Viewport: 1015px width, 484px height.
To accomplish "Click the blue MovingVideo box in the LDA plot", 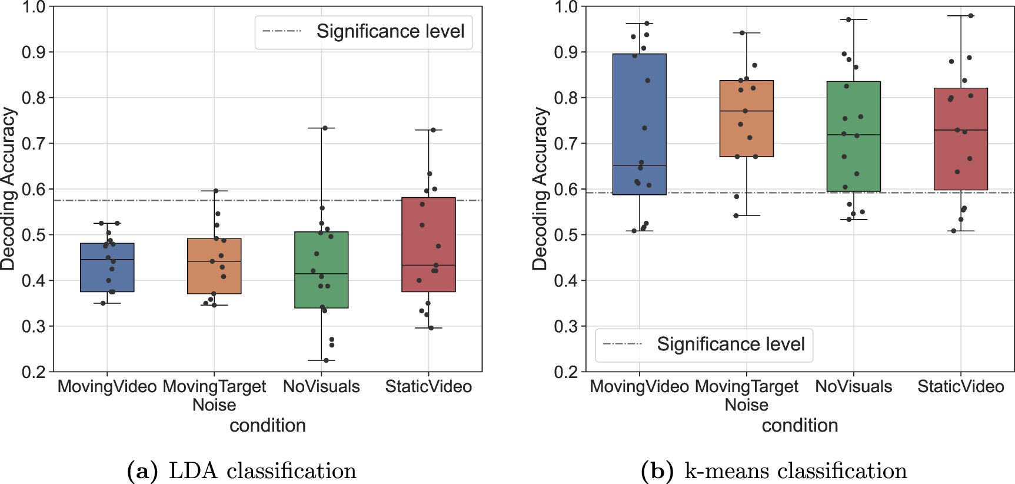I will (107, 268).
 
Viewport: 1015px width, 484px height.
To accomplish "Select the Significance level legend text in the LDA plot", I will (390, 31).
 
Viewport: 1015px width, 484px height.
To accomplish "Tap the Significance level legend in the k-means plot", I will (730, 344).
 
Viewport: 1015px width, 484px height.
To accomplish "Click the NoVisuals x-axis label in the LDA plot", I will (321, 387).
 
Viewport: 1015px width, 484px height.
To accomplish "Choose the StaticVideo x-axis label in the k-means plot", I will (960, 387).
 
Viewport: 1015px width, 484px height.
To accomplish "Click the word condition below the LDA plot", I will (268, 425).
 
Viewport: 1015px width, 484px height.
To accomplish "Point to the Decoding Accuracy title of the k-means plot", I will (540, 188).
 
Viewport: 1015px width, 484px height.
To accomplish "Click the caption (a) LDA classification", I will (242, 471).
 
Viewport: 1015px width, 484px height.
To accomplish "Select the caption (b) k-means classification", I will (774, 471).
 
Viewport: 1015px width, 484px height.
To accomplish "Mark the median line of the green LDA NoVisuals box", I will (321, 274).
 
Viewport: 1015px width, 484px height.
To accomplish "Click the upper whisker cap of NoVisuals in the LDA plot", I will (321, 128).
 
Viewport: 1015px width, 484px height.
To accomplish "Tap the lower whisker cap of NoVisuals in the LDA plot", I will (321, 360).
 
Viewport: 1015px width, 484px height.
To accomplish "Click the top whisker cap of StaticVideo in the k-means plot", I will (960, 16).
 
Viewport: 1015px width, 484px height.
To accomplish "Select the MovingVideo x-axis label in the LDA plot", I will (107, 387).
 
